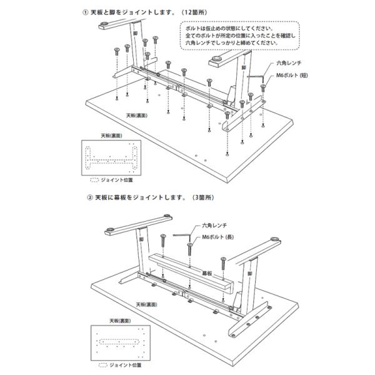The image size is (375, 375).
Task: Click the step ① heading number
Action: [85, 12]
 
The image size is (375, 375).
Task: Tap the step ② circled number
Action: [89, 197]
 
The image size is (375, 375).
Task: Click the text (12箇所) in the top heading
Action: [194, 12]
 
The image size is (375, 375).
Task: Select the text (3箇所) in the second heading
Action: [203, 197]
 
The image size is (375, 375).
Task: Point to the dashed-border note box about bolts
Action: [239, 36]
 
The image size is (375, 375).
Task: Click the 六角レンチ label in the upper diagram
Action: [289, 63]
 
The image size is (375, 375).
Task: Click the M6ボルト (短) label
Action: [292, 76]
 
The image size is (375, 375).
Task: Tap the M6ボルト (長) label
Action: [218, 237]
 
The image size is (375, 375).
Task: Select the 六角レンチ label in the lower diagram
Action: [214, 225]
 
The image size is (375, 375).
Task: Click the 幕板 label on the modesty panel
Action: [207, 273]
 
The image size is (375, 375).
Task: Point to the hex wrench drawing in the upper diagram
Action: [256, 76]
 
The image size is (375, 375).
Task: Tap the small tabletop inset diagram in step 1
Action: [111, 158]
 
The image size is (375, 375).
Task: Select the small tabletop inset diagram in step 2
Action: [121, 342]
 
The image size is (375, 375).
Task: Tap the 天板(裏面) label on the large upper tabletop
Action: [137, 116]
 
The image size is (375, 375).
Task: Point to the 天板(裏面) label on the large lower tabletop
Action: [147, 305]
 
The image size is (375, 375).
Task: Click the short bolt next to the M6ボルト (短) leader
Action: [263, 87]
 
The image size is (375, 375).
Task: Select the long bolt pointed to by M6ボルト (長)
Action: [190, 249]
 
